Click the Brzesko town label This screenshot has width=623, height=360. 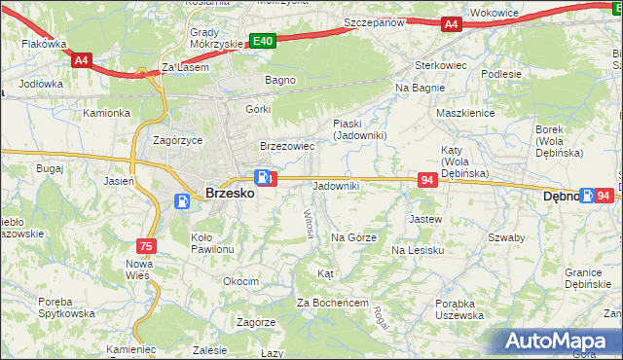(230, 194)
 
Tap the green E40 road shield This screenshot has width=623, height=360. (263, 41)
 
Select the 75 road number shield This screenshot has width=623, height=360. (146, 246)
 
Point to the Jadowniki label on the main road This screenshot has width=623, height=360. (336, 185)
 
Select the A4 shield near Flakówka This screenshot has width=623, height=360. (82, 59)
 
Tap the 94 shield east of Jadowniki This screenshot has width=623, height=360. (427, 180)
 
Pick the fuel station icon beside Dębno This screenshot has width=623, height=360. (587, 196)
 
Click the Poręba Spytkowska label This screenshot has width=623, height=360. (66, 306)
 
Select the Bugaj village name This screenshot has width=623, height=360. (49, 168)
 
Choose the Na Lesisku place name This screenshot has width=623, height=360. (418, 250)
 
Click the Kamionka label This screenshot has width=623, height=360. (106, 113)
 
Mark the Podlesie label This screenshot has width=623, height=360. (501, 74)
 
